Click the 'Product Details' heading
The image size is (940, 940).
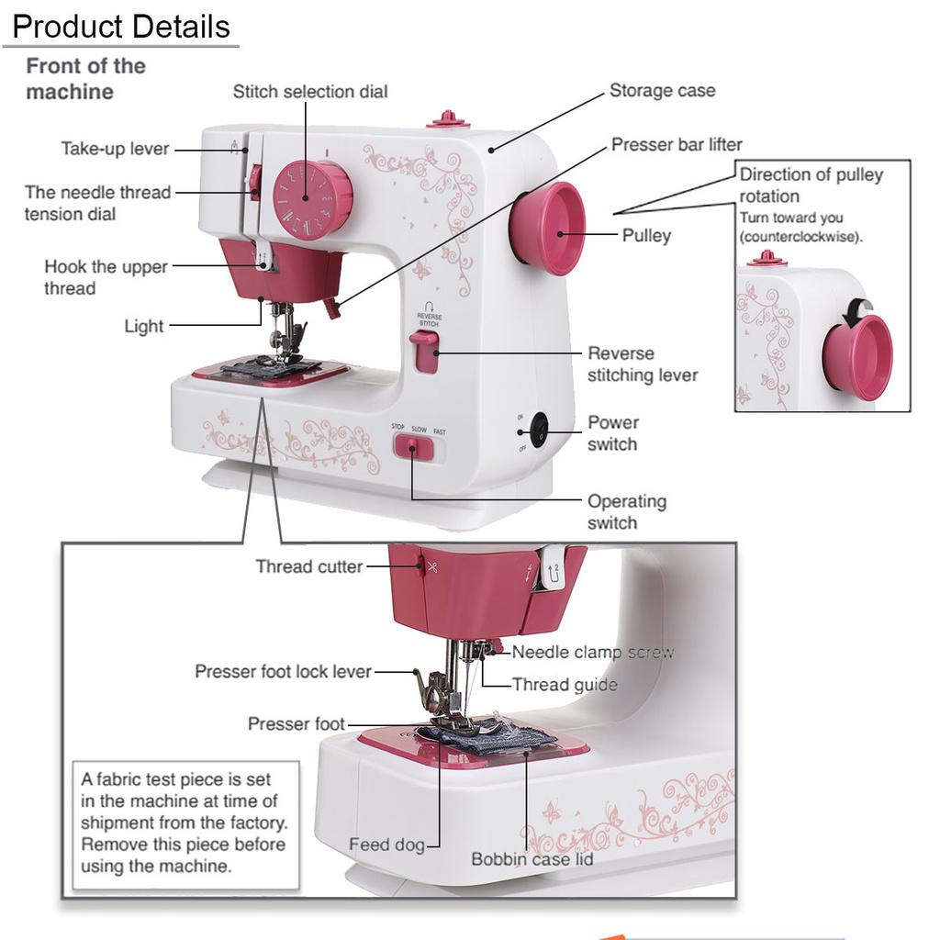121,27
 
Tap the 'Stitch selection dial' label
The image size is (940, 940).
310,91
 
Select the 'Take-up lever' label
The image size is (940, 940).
115,148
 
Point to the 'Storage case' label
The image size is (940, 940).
663,90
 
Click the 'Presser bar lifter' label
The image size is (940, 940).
677,144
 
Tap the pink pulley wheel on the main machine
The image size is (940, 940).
548,229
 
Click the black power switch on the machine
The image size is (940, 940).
540,430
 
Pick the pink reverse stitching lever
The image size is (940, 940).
424,352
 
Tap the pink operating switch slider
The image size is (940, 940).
413,448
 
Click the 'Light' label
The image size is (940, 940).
144,326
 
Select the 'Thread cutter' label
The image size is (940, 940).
308,566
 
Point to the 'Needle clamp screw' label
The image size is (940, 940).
593,652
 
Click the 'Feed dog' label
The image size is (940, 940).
386,845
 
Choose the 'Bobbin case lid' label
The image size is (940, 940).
532,859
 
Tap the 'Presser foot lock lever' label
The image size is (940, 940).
283,671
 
